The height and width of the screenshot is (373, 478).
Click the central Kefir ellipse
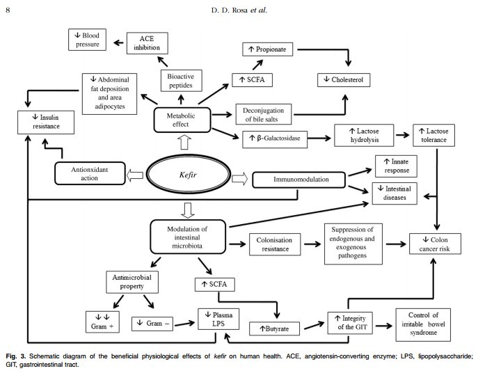click(x=185, y=173)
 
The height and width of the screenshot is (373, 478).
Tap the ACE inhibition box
click(x=147, y=44)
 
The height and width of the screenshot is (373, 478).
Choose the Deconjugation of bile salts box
click(x=264, y=113)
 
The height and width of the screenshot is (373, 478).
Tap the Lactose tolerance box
click(x=434, y=135)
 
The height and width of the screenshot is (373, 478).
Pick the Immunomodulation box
click(x=299, y=180)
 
